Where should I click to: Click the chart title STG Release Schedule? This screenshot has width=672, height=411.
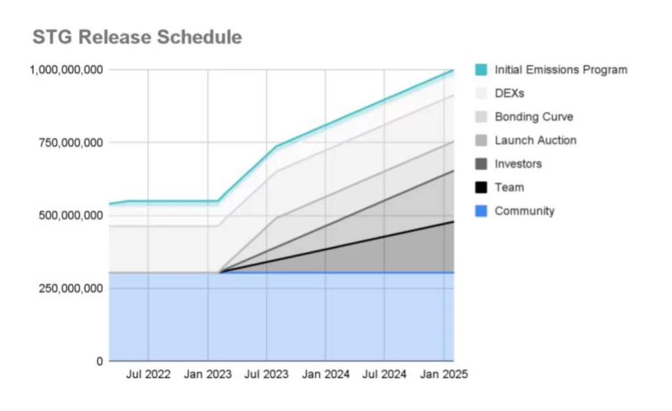(137, 37)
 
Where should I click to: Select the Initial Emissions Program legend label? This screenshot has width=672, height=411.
(561, 70)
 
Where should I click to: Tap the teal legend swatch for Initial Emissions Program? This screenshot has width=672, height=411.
(481, 70)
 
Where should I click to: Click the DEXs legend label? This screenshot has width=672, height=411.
(509, 93)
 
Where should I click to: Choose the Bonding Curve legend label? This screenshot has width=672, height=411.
(534, 117)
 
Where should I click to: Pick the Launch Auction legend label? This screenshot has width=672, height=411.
(535, 141)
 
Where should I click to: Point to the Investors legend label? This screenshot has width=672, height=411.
(518, 164)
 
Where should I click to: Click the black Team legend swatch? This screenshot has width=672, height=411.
(481, 188)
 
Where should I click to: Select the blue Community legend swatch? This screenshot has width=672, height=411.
(481, 211)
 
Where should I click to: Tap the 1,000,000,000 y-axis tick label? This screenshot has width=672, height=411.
(65, 70)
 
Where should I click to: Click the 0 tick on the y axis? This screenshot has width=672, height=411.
(100, 361)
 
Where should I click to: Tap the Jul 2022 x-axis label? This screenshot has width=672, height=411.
(148, 375)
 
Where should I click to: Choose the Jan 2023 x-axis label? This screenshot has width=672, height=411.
(207, 375)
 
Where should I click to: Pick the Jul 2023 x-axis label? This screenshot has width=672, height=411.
(266, 375)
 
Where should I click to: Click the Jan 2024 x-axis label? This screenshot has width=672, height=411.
(325, 375)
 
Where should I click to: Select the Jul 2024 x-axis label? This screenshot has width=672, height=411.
(385, 375)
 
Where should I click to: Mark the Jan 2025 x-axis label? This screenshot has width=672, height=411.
(444, 375)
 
